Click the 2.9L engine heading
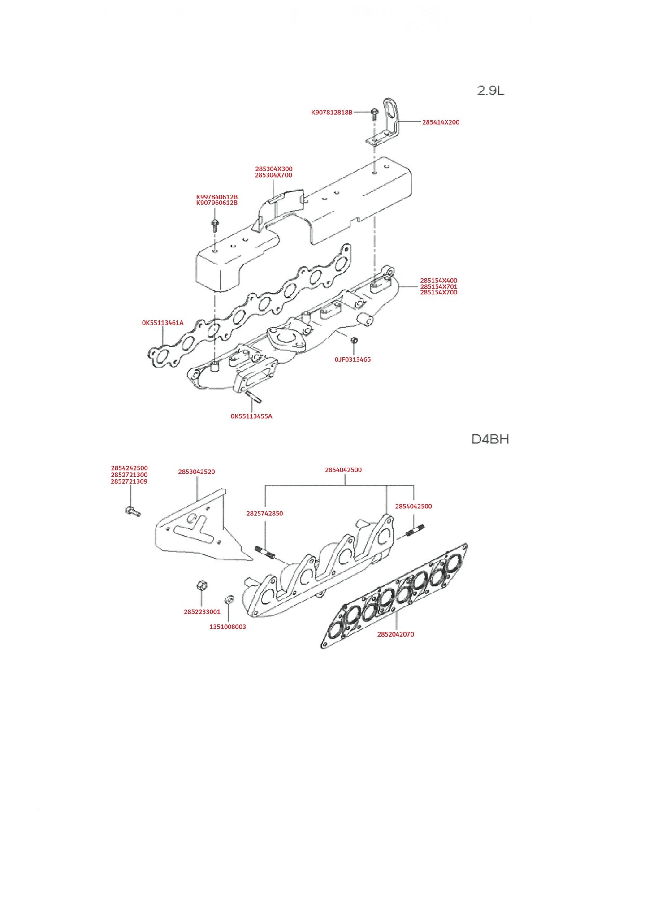[x=490, y=91]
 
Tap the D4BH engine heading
[x=490, y=439]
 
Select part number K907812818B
[x=332, y=113]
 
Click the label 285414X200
[x=441, y=122]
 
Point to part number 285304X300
[x=274, y=169]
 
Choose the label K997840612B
[x=217, y=197]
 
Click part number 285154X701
[x=439, y=286]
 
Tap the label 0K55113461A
[x=163, y=323]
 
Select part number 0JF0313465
[x=353, y=359]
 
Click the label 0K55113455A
[x=251, y=416]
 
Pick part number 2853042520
[x=196, y=472]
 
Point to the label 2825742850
[x=264, y=513]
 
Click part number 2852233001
[x=202, y=611]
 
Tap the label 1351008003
[x=228, y=627]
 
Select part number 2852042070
[x=396, y=634]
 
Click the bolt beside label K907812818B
[x=375, y=114]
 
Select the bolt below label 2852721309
[x=133, y=511]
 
